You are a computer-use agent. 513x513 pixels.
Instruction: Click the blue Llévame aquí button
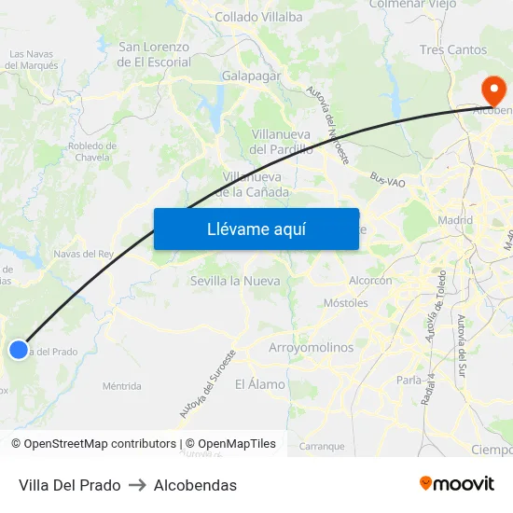tap(256, 229)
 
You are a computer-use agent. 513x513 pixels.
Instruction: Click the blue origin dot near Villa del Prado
tap(19, 350)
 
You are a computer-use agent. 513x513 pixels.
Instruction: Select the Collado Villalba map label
tap(258, 17)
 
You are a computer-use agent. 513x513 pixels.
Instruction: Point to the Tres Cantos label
tap(453, 49)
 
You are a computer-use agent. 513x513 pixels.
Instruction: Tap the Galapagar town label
tap(252, 76)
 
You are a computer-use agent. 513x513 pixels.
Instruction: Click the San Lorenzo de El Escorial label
tap(154, 54)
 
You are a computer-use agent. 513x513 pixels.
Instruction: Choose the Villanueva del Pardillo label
tap(282, 141)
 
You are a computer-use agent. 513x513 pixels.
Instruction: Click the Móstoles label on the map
tap(345, 303)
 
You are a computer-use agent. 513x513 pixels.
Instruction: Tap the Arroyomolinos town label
tap(311, 347)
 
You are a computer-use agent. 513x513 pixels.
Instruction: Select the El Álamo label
tap(260, 383)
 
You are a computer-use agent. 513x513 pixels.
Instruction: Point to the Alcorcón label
tap(370, 280)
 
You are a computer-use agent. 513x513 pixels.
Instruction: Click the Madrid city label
tap(455, 220)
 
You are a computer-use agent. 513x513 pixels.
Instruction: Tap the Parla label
tap(409, 380)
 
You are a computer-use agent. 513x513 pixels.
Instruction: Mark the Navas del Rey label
tap(83, 254)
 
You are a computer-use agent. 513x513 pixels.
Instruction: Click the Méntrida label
tap(122, 385)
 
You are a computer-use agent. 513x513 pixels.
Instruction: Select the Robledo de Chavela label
tap(91, 151)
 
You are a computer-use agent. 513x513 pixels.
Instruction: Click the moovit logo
tap(456, 483)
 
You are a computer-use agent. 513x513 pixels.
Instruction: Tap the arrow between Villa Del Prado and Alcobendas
tap(137, 485)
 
